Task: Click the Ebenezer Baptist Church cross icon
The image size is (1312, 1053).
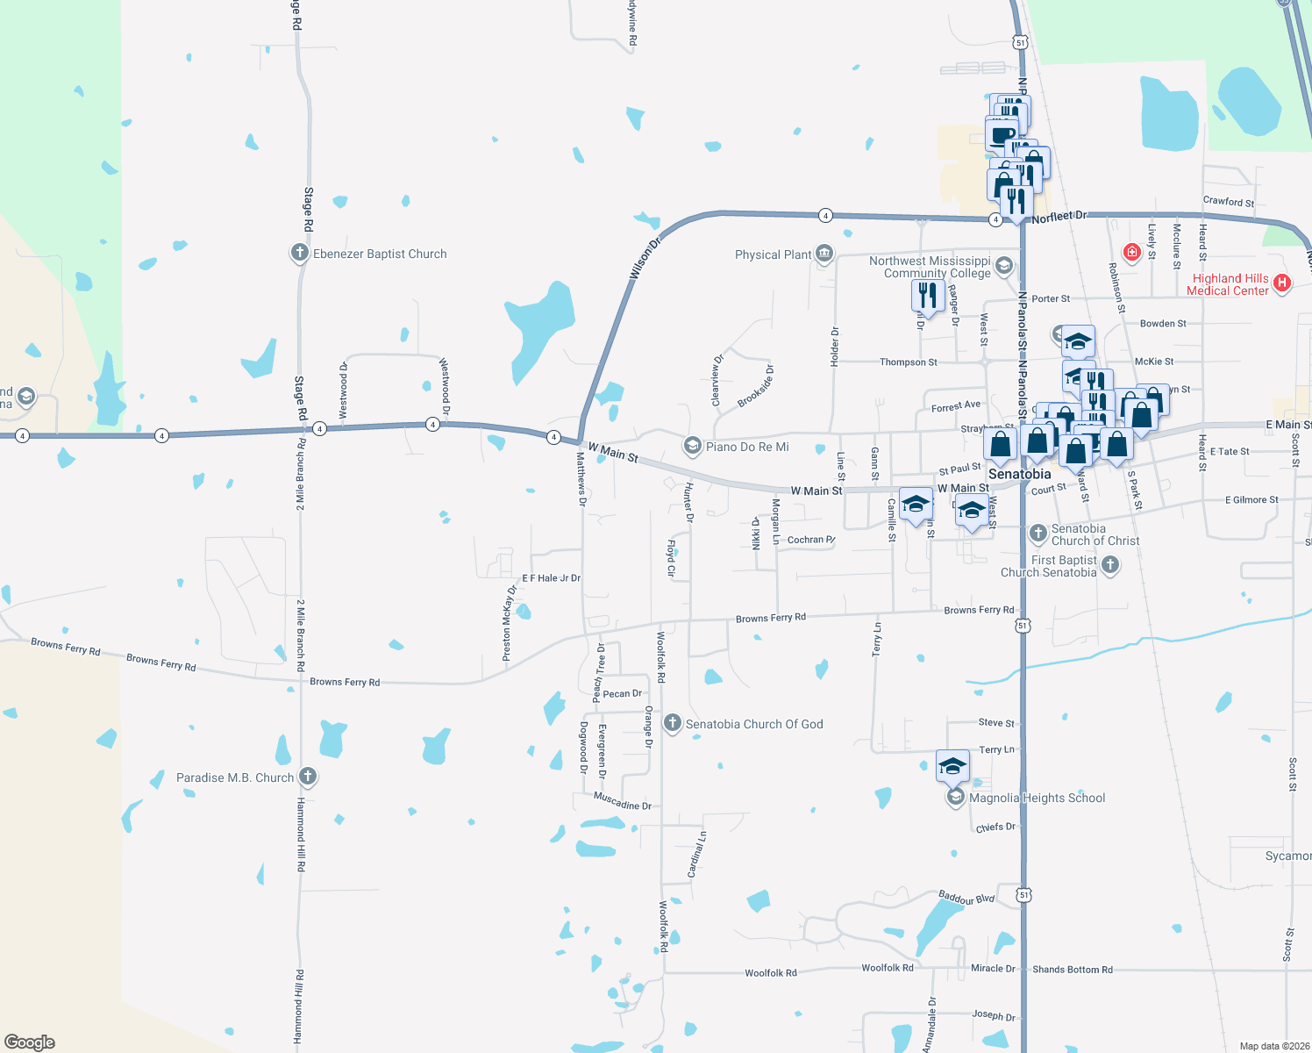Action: [x=299, y=254]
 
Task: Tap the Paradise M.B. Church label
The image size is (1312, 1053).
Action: [x=235, y=777]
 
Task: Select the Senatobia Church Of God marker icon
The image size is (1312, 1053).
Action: [x=673, y=723]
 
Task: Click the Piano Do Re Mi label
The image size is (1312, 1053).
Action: [x=747, y=447]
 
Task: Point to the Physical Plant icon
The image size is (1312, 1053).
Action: [x=824, y=254]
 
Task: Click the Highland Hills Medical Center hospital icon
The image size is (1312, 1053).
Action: [x=1282, y=283]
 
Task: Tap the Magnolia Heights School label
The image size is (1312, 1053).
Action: [x=1037, y=798]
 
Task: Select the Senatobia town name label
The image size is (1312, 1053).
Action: [x=1019, y=474]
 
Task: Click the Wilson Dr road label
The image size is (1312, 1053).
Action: [x=645, y=259]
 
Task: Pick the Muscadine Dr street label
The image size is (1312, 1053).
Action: [x=623, y=801]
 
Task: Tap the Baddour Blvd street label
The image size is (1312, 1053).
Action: [x=966, y=898]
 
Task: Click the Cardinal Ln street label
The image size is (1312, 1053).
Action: [x=696, y=855]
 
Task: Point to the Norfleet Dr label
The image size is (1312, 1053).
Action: [x=1059, y=217]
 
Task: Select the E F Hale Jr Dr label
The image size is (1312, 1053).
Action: [x=551, y=578]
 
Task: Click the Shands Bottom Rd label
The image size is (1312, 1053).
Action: [x=1072, y=970]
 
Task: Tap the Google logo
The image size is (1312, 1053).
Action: [x=29, y=1042]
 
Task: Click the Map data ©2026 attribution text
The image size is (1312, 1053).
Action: [x=1274, y=1046]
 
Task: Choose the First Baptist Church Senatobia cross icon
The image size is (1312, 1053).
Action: [x=1110, y=565]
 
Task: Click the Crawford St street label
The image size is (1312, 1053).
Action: [x=1228, y=202]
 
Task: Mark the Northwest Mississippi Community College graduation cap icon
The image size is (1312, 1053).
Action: [x=1004, y=265]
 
